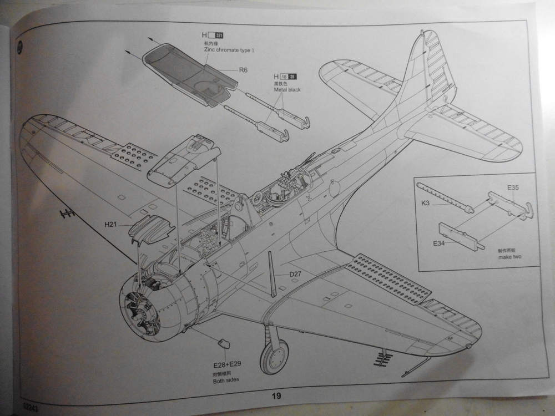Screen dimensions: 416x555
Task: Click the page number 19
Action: coord(276,395)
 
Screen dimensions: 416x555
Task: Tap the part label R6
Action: coord(243,70)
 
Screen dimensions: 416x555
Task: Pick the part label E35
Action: coord(512,187)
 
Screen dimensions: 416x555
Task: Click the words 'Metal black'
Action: coord(286,89)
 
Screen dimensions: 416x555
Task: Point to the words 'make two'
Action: coord(509,257)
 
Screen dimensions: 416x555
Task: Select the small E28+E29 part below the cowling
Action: coord(224,343)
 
